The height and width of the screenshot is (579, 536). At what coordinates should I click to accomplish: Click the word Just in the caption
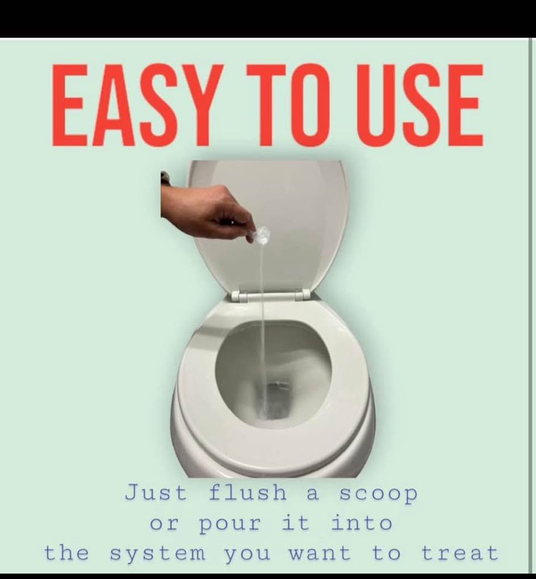click(156, 493)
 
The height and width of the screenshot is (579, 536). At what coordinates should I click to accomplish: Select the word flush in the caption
click(247, 493)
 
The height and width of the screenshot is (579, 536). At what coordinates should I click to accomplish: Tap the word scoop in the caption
click(378, 495)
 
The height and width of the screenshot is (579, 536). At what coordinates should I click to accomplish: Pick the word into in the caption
click(361, 522)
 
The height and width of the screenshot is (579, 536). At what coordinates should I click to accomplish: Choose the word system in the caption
click(158, 554)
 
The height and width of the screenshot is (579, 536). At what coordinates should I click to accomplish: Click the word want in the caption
click(319, 553)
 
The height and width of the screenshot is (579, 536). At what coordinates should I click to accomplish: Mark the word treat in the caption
click(459, 553)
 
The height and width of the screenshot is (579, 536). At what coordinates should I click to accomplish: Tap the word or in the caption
click(164, 524)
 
